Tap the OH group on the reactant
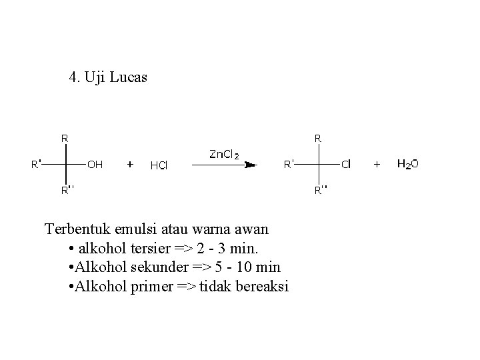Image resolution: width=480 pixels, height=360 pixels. [x=95, y=163]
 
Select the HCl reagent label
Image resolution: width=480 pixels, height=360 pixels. [x=159, y=165]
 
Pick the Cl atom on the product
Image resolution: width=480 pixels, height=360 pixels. [x=347, y=163]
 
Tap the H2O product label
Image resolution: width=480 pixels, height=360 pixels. [x=407, y=163]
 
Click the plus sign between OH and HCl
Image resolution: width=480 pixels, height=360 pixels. [x=130, y=163]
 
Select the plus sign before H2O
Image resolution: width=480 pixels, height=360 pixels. [x=377, y=163]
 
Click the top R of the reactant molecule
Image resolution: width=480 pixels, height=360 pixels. [x=65, y=139]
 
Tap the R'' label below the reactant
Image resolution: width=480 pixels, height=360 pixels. [x=68, y=191]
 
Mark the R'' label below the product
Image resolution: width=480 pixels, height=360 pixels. [x=321, y=191]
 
